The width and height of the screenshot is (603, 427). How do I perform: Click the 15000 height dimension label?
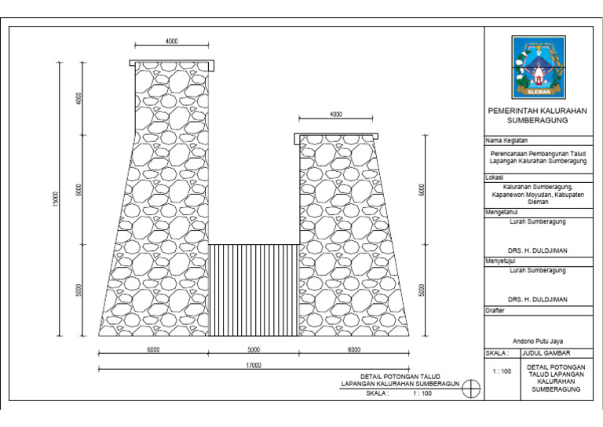[56, 201]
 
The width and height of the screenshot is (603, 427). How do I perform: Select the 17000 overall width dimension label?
[252, 366]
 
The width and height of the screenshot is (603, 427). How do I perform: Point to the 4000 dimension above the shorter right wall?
[336, 115]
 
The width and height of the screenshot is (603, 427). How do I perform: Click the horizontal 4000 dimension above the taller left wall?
[172, 41]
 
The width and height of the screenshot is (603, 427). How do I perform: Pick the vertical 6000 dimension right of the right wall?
[422, 190]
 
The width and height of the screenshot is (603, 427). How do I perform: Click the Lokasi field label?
[494, 177]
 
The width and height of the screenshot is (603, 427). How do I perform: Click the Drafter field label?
[495, 311]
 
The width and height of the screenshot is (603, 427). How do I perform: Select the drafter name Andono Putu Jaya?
[536, 341]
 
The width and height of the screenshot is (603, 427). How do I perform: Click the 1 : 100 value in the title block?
[500, 370]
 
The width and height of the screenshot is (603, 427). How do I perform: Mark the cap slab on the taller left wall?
[172, 64]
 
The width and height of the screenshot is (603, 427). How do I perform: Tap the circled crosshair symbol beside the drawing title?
[470, 389]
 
